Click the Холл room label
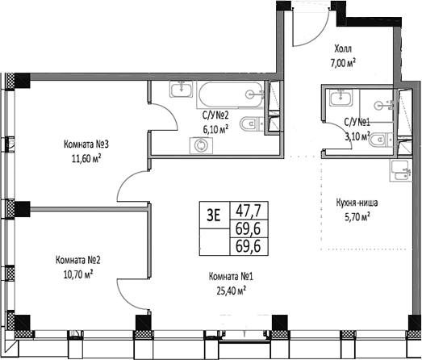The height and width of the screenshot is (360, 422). click(x=343, y=49)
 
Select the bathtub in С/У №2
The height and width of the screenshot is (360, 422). click(x=231, y=94)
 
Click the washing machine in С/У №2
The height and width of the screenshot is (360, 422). click(x=201, y=145)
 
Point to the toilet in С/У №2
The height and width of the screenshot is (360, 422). click(x=253, y=124)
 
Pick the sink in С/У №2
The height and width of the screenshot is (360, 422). click(x=181, y=89)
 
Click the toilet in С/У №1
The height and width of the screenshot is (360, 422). click(x=382, y=140)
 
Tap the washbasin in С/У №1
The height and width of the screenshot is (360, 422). click(x=341, y=97)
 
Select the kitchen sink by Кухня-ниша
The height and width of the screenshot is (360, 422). click(x=400, y=170)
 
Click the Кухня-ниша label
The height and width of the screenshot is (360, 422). click(x=357, y=203)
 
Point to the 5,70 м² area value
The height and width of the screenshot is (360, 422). click(x=357, y=217)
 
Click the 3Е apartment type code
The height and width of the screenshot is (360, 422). click(x=214, y=216)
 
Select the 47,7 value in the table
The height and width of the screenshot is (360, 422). click(x=249, y=211)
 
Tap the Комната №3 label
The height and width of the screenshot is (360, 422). click(x=86, y=144)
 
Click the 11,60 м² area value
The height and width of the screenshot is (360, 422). click(x=86, y=158)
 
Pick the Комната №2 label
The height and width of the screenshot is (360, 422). click(x=78, y=261)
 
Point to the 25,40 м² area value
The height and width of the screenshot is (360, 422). click(x=232, y=291)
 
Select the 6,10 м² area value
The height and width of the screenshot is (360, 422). click(x=215, y=130)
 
